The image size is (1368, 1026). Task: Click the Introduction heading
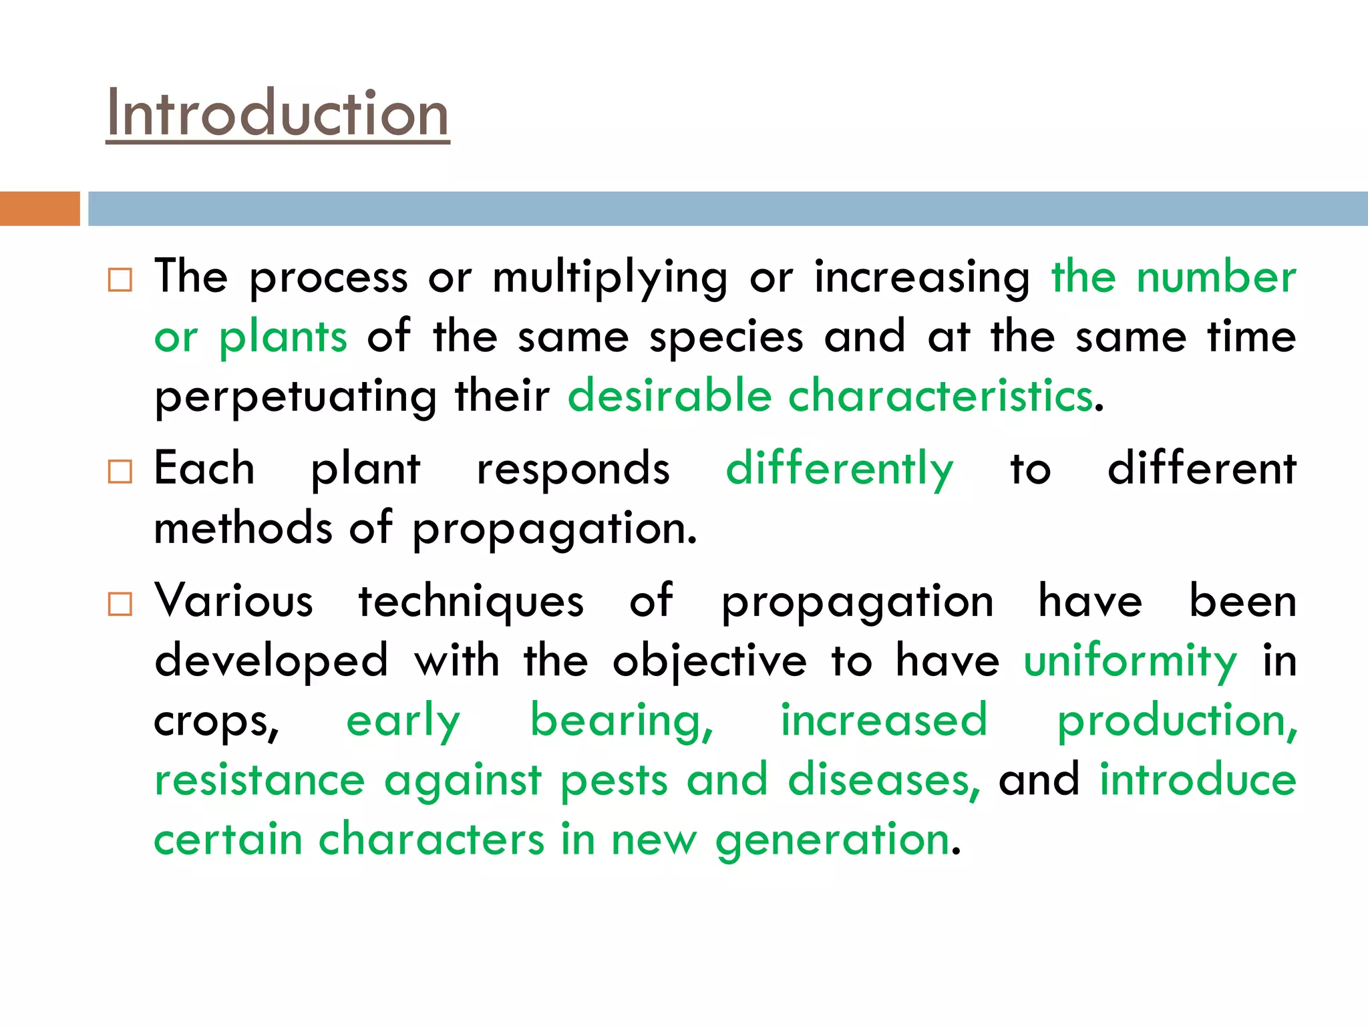point(277,114)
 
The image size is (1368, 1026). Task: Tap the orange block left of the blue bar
point(39,208)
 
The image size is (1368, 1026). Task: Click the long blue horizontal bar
point(727,208)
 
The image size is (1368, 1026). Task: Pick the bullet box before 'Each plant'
point(120,472)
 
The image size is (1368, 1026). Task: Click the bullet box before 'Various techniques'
point(120,604)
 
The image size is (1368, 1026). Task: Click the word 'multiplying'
point(610,278)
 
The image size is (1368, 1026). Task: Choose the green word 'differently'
point(840,470)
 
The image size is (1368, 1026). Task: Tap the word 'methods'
point(243,528)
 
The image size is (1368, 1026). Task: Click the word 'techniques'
point(471,602)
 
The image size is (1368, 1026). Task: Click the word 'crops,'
point(216,723)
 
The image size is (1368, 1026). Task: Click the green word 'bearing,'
point(621,723)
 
